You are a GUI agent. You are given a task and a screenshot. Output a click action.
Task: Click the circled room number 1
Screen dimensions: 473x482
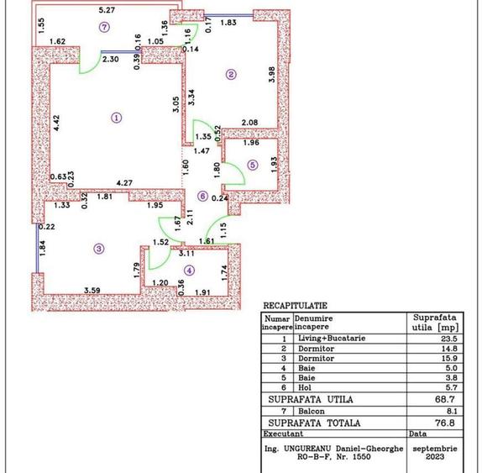116,118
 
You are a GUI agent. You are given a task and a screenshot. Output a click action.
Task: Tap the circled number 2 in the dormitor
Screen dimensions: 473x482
231,75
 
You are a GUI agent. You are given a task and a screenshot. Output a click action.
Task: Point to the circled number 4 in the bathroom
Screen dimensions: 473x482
190,270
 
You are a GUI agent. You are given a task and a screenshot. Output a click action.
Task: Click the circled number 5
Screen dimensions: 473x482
253,166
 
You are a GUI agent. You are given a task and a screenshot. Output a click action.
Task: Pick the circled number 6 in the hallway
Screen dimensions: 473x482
202,196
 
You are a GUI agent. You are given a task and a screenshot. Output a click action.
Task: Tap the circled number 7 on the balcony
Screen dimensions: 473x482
103,26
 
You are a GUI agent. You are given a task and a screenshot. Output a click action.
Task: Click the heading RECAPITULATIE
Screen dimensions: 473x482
296,307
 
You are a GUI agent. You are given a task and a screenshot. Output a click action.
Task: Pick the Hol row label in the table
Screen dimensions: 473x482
301,390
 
